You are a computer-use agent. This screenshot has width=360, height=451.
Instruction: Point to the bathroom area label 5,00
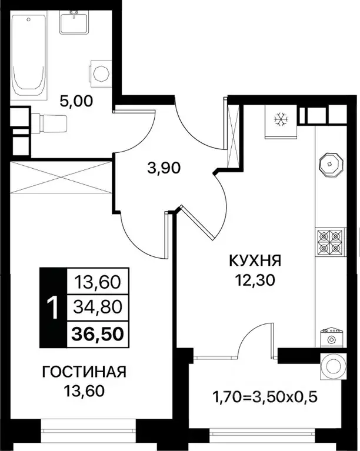pos(76,101)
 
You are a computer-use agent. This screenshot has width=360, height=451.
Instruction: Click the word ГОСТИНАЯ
pos(84,372)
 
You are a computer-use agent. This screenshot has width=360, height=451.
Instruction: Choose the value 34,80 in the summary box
pos(98,306)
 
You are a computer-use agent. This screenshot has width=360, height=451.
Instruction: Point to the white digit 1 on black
pos(52,307)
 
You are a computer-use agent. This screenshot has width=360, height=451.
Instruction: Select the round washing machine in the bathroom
pos(101,74)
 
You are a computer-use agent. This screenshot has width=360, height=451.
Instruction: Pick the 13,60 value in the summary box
pos(98,282)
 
